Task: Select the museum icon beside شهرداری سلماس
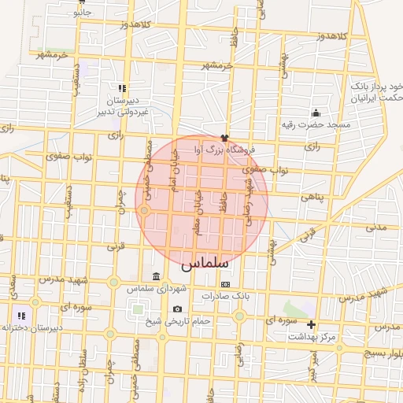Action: pos(155,276)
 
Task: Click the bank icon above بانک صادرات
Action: pos(226,283)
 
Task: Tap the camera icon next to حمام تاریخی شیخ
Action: pos(177,309)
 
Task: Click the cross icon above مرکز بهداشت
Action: pos(311,324)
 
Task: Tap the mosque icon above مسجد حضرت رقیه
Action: pos(316,112)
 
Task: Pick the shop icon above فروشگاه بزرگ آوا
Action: pos(224,136)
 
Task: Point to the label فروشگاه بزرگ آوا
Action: pos(224,148)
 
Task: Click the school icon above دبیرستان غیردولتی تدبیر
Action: pos(121,89)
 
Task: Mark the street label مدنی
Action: pos(376,227)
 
